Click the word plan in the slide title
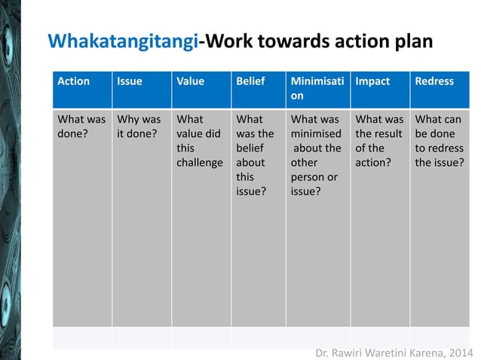[408, 41]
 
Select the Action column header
[74, 81]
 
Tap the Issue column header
[129, 81]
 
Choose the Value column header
[190, 81]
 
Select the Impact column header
[372, 81]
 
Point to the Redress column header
[434, 81]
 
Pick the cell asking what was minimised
[316, 154]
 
